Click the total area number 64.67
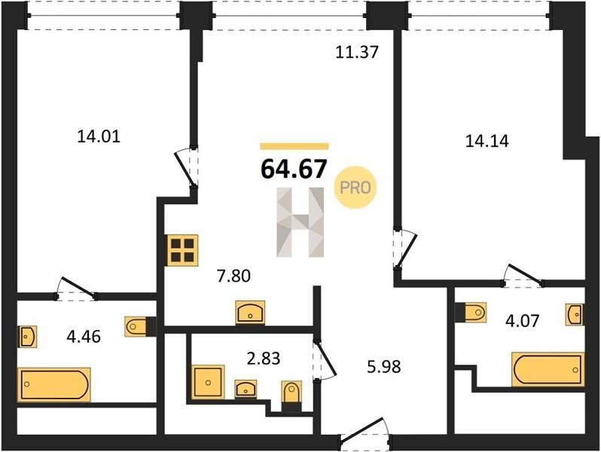pyautogui.click(x=294, y=169)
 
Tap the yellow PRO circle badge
pyautogui.click(x=355, y=188)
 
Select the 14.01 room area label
pyautogui.click(x=99, y=136)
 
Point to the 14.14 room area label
pyautogui.click(x=487, y=141)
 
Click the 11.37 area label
pyautogui.click(x=357, y=52)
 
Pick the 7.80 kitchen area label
pyautogui.click(x=233, y=276)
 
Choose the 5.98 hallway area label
pyautogui.click(x=384, y=367)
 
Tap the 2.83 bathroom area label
pyautogui.click(x=264, y=359)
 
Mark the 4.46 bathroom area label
pyautogui.click(x=84, y=337)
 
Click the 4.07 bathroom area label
pyautogui.click(x=523, y=320)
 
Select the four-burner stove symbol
pyautogui.click(x=182, y=250)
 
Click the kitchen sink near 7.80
pyautogui.click(x=250, y=313)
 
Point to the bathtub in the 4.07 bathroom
pyautogui.click(x=548, y=370)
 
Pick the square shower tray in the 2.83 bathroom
pyautogui.click(x=208, y=382)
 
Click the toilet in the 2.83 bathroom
pyautogui.click(x=291, y=393)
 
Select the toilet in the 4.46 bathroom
pyautogui.click(x=136, y=327)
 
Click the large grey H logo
pyautogui.click(x=300, y=222)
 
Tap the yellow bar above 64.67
pyautogui.click(x=294, y=145)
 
